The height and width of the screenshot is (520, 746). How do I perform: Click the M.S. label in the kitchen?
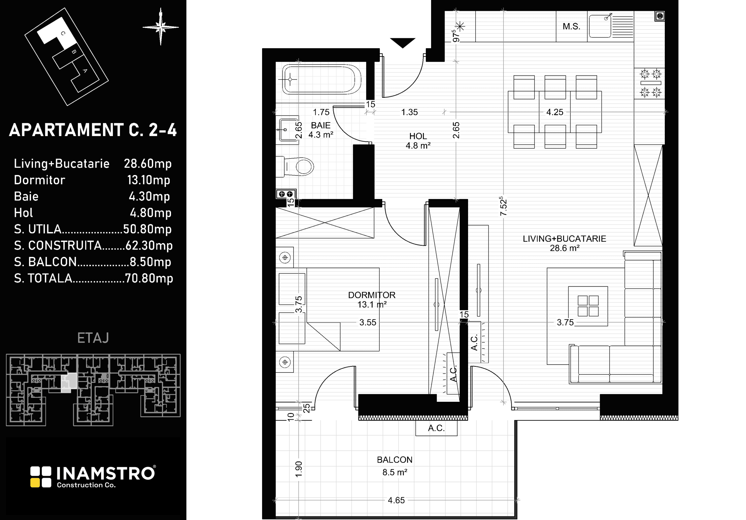pyautogui.click(x=571, y=26)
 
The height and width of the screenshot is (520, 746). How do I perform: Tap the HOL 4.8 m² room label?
pyautogui.click(x=418, y=141)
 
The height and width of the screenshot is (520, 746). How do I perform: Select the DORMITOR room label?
pyautogui.click(x=372, y=295)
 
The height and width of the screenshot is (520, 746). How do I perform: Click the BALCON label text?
pyautogui.click(x=395, y=460)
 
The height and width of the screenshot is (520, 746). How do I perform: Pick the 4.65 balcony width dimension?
pyautogui.click(x=396, y=501)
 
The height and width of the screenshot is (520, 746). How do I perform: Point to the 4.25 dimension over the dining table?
pyautogui.click(x=555, y=112)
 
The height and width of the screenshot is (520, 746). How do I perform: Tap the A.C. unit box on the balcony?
pyautogui.click(x=436, y=428)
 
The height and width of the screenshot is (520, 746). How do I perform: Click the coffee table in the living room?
pyautogui.click(x=588, y=306)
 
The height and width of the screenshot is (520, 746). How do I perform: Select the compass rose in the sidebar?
pyautogui.click(x=161, y=27)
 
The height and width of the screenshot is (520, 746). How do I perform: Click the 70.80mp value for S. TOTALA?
pyautogui.click(x=149, y=278)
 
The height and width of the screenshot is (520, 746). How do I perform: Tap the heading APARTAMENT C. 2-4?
pyautogui.click(x=93, y=130)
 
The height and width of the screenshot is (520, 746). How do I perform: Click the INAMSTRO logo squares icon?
pyautogui.click(x=41, y=477)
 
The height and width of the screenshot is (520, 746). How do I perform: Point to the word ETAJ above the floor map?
pyautogui.click(x=93, y=338)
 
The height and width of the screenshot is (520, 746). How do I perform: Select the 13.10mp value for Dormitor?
pyautogui.click(x=149, y=180)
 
